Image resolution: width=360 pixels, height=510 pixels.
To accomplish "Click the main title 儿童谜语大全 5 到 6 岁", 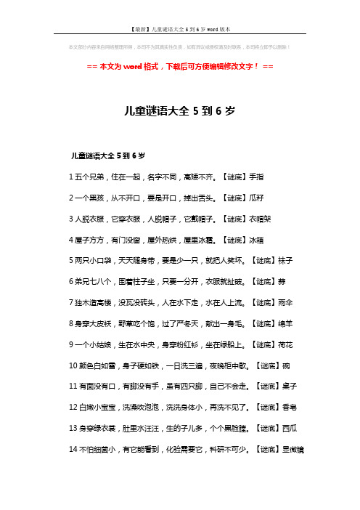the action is [x=179, y=111].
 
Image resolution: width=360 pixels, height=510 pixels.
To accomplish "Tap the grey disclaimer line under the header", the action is [x=179, y=49].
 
